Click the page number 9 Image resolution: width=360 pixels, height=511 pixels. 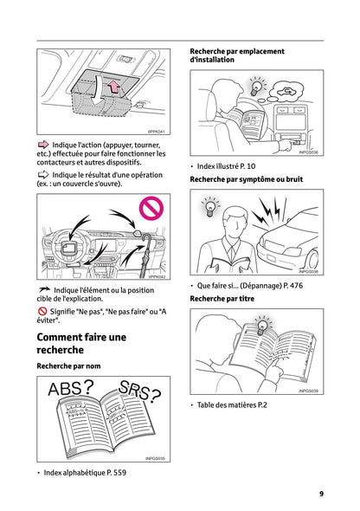click(321, 494)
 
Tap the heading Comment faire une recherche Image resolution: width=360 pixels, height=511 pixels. click(81, 343)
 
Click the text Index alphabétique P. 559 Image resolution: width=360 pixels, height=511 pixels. click(85, 473)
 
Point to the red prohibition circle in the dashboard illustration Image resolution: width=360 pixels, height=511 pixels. click(151, 208)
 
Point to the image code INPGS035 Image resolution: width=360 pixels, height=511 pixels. click(155, 459)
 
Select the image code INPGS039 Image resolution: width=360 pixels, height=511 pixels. click(308, 391)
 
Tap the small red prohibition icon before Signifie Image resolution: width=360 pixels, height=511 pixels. click(42, 310)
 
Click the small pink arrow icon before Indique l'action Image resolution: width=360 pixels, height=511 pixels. click(43, 145)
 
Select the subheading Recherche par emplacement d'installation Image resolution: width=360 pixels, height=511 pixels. click(237, 56)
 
